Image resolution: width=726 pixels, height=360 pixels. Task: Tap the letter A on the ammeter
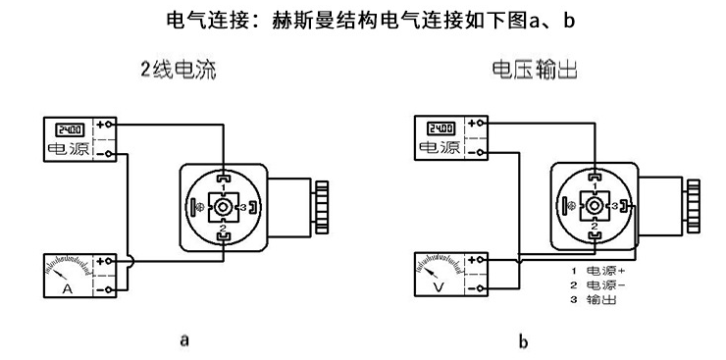[x=68, y=291]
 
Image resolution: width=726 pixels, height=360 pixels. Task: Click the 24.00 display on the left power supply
[x=70, y=129]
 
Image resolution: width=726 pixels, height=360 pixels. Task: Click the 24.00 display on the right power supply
[x=441, y=129]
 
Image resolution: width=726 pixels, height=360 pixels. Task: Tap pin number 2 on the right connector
[x=595, y=227]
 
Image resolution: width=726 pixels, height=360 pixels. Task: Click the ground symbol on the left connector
[x=201, y=208]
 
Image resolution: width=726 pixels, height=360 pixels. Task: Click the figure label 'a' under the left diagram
[x=182, y=340]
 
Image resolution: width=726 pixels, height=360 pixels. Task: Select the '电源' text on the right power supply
[x=442, y=148]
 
